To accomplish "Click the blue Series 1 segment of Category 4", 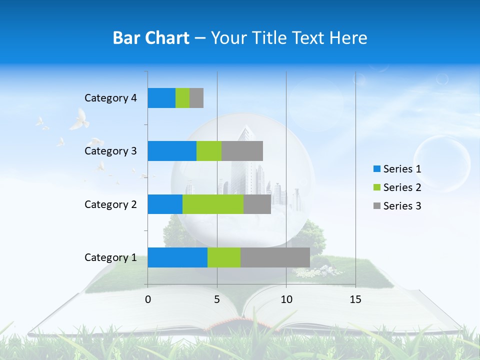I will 161,98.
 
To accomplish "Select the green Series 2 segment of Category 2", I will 213,204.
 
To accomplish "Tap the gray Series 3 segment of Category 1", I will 275,257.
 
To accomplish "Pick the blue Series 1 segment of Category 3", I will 172,151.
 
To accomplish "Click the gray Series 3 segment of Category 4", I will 196,98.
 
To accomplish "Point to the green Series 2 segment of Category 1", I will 224,257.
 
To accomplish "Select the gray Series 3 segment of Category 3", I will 242,151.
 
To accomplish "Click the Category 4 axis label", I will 110,98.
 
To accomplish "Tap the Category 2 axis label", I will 110,204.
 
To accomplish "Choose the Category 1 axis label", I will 110,257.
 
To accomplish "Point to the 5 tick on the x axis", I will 217,299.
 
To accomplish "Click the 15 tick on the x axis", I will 355,299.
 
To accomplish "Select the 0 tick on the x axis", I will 148,299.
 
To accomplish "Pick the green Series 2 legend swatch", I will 377,187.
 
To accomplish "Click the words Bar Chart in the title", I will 151,38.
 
